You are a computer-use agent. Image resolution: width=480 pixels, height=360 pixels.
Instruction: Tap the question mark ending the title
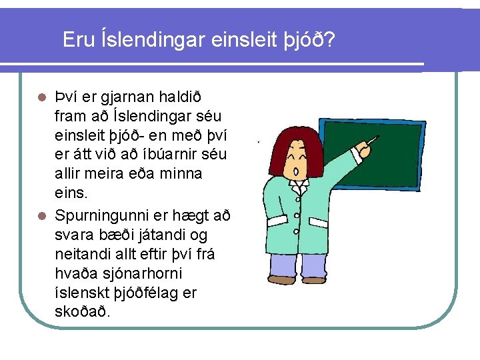[329, 40]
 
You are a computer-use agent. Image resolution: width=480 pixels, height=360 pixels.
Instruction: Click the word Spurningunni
[107, 215]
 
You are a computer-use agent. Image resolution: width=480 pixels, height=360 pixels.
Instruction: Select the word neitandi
[83, 254]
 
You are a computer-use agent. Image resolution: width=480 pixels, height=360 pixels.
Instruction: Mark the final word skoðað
[83, 312]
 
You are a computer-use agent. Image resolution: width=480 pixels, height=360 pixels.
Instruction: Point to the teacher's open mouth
[295, 171]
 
